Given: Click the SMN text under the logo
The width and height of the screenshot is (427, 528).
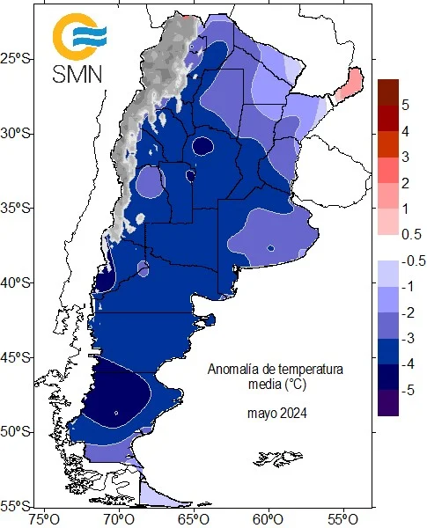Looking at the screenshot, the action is [x=77, y=74].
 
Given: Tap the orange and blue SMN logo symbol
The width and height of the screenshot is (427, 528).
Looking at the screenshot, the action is [x=79, y=36].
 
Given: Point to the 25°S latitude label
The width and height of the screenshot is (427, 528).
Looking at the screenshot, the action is [x=17, y=59].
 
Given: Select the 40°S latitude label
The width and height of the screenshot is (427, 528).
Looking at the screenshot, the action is [x=17, y=282].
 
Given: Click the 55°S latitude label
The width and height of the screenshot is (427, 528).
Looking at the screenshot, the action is [x=17, y=506].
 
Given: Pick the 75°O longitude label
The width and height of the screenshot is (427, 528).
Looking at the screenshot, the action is [x=45, y=519].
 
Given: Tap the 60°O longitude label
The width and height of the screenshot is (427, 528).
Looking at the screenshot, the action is [x=269, y=519].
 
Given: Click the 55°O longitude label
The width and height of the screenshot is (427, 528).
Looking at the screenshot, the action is [x=343, y=519].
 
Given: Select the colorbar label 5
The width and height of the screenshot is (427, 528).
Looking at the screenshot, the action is [x=405, y=106].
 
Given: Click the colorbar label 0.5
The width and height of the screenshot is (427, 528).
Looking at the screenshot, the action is [x=411, y=234].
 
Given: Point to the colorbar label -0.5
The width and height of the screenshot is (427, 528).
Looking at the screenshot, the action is [x=414, y=261].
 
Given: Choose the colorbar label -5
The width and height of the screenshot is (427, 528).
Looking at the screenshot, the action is [x=408, y=390].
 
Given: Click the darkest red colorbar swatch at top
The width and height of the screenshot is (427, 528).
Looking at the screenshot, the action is [x=388, y=92].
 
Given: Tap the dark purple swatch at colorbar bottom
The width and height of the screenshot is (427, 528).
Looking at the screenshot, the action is [x=388, y=403].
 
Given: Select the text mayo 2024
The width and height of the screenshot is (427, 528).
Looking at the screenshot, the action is [x=277, y=413].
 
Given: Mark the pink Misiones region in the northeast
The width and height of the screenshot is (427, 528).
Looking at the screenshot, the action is [x=350, y=84].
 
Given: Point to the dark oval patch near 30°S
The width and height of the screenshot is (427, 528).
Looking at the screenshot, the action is [x=202, y=146].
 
